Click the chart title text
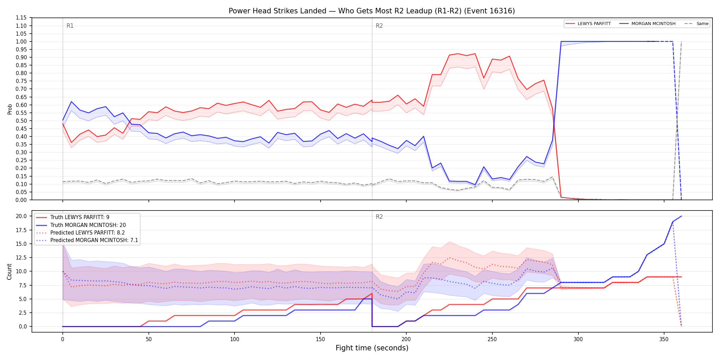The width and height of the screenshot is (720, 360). coord(372,11)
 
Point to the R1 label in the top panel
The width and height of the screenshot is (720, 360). coord(70,26)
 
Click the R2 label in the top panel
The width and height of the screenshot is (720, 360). coord(379,26)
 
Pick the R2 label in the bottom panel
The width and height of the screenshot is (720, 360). coord(379,217)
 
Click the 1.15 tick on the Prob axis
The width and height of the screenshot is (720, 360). coord(21,18)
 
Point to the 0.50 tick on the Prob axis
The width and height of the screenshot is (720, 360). coord(21,121)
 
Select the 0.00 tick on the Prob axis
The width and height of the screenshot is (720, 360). coord(21,200)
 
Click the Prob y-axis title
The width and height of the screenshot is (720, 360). coord(10,109)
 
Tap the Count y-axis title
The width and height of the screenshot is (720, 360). coord(9,272)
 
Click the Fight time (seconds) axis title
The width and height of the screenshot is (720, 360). coord(372,348)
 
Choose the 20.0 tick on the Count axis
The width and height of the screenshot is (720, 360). coord(21,216)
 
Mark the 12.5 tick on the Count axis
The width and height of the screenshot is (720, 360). coord(21,257)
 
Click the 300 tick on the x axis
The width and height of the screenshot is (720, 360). coord(578,339)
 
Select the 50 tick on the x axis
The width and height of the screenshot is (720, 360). coord(148,339)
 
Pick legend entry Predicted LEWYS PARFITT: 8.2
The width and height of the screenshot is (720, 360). coord(87,233)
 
